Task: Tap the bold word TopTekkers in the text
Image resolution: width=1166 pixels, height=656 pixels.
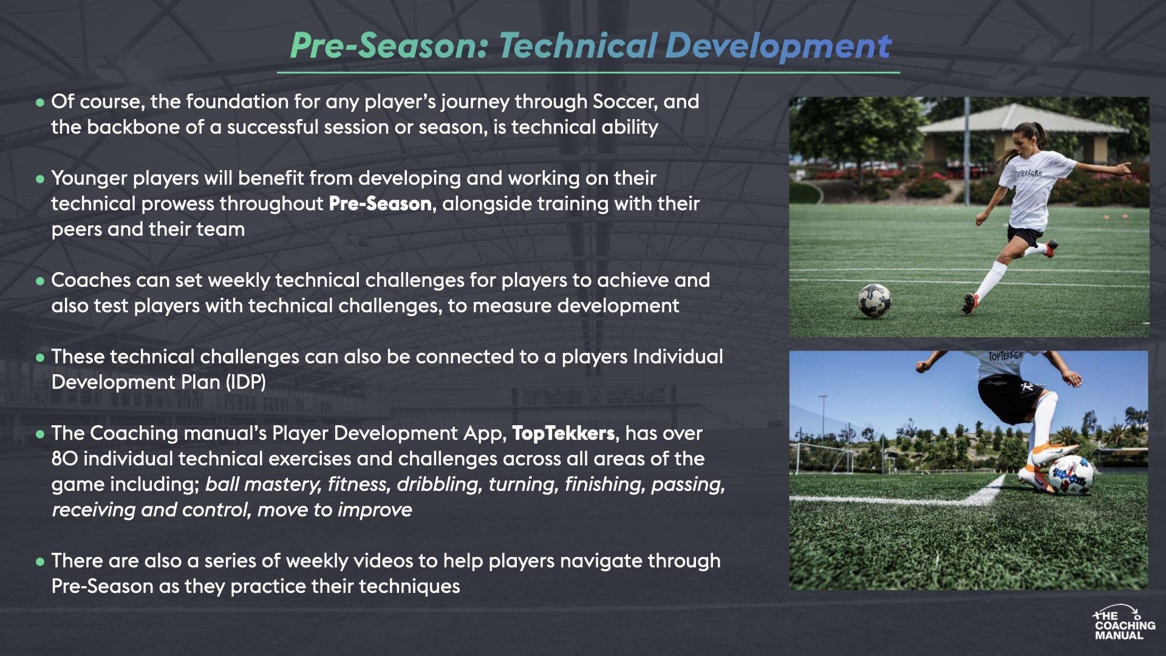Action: tap(564, 433)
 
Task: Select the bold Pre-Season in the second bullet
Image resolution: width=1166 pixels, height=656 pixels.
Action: tap(380, 203)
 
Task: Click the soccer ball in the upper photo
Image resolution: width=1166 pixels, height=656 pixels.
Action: tap(874, 300)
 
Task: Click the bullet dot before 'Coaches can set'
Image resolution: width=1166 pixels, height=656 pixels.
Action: tap(40, 281)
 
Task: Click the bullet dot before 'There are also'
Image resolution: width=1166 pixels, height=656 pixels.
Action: tap(40, 562)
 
